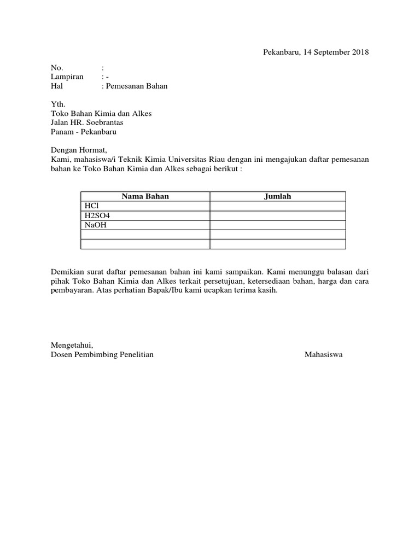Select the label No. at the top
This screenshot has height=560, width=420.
coord(57,68)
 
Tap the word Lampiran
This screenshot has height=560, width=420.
coord(67,77)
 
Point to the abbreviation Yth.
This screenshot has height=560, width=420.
coord(57,104)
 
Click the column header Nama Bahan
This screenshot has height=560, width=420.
coord(145,196)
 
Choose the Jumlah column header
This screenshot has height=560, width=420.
coord(278,196)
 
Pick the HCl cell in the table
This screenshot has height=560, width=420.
coord(90,206)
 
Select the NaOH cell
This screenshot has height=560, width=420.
coord(92,225)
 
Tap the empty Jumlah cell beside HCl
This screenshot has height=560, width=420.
coord(278,206)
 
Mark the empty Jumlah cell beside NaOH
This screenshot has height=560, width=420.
coord(278,225)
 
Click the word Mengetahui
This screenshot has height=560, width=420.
coord(72,345)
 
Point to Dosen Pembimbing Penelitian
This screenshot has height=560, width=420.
coord(102,354)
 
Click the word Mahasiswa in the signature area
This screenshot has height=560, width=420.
coord(324,354)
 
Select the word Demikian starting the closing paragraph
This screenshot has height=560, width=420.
coord(67,271)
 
